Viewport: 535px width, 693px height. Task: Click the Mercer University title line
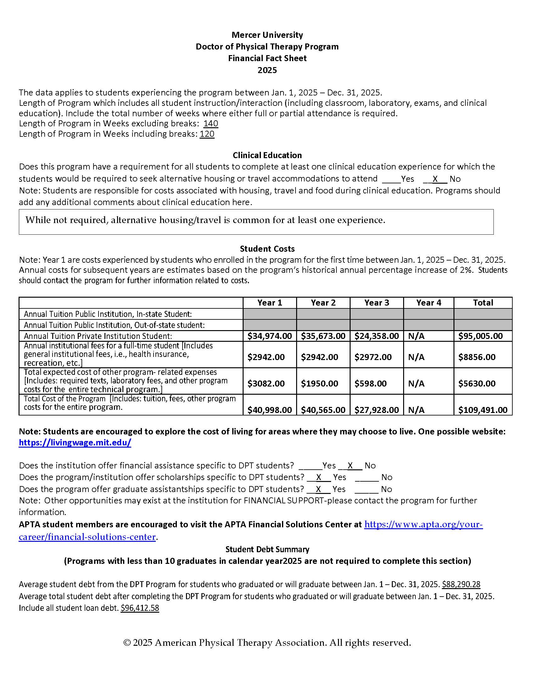click(267, 35)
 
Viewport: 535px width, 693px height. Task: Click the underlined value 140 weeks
click(211, 123)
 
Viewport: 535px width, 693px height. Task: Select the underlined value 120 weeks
click(207, 134)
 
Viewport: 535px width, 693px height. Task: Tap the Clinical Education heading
click(267, 155)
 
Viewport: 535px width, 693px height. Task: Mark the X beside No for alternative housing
click(435, 179)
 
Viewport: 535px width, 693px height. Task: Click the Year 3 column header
click(376, 303)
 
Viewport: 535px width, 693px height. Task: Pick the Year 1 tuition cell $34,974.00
click(269, 336)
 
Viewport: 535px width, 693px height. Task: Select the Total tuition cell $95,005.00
click(481, 336)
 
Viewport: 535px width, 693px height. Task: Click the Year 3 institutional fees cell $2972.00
click(373, 357)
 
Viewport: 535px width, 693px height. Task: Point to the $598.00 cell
click(370, 384)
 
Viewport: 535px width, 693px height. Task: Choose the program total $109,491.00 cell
click(483, 410)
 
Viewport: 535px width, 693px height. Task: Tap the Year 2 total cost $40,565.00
click(323, 410)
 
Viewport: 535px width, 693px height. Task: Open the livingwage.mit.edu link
click(75, 443)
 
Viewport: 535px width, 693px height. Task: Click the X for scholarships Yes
click(319, 477)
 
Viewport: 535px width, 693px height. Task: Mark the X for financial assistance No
click(350, 466)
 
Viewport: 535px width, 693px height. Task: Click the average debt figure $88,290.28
click(461, 584)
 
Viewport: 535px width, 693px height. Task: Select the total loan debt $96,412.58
click(140, 608)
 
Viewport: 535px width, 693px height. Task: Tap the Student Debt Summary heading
click(267, 549)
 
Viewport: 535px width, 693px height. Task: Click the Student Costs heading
click(267, 249)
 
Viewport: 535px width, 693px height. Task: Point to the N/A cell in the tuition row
click(416, 336)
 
